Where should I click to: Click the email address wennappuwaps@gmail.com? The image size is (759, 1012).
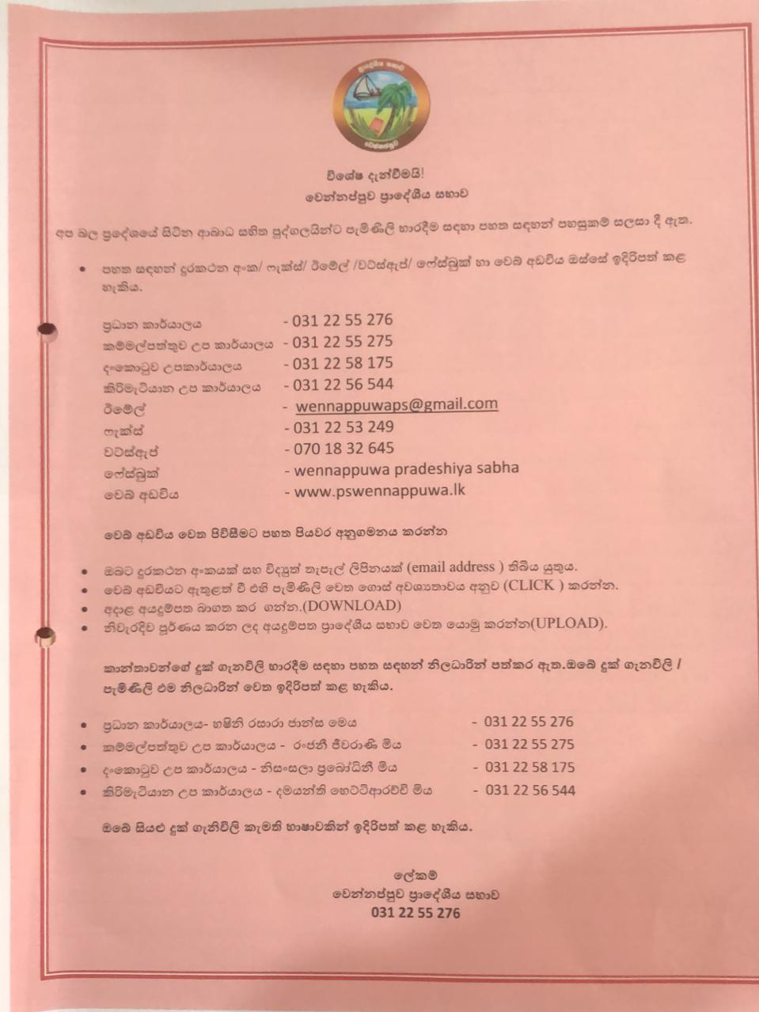[x=397, y=404]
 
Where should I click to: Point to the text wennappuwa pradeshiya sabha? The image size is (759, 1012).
[x=406, y=468]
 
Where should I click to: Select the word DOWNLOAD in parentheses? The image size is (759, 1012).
[x=361, y=605]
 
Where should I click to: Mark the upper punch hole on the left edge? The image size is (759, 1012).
[x=47, y=332]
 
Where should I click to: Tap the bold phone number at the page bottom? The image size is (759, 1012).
[x=415, y=912]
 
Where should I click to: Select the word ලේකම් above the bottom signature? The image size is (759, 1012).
[x=415, y=875]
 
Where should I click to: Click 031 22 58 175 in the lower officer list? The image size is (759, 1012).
[x=529, y=767]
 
